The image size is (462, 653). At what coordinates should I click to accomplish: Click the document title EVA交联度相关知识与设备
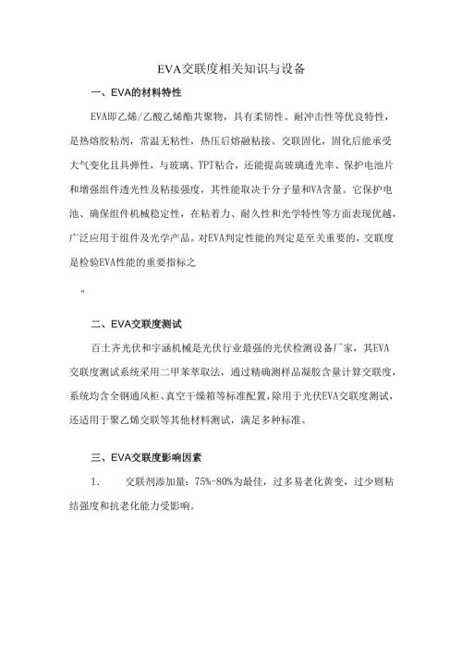coord(231,69)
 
